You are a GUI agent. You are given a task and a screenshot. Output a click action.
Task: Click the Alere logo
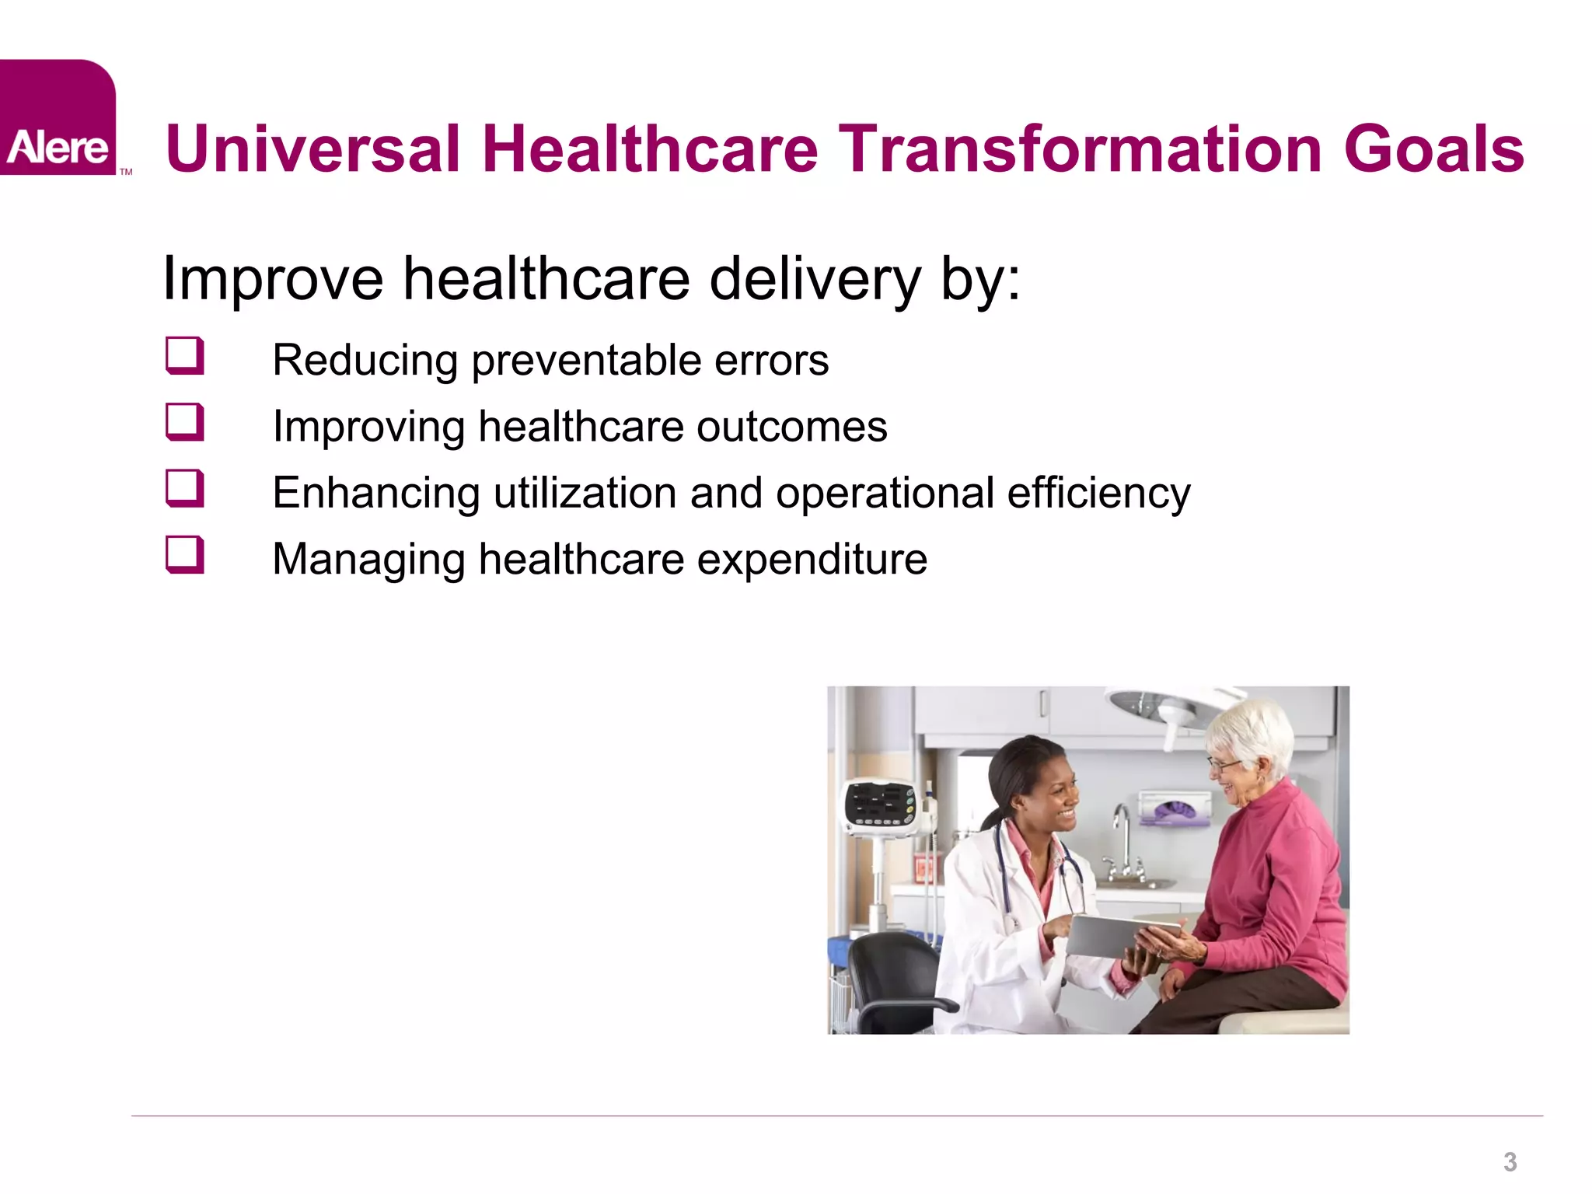point(58,118)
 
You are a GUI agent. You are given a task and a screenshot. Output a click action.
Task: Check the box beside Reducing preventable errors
point(185,356)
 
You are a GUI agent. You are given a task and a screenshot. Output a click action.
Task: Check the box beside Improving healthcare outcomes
point(185,423)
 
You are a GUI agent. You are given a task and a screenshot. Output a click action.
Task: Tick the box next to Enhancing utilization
point(185,489)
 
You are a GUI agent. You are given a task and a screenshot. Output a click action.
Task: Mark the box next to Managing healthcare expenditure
point(185,555)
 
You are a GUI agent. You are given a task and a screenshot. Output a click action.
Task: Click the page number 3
point(1510,1162)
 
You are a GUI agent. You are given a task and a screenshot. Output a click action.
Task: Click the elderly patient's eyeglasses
point(1224,765)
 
